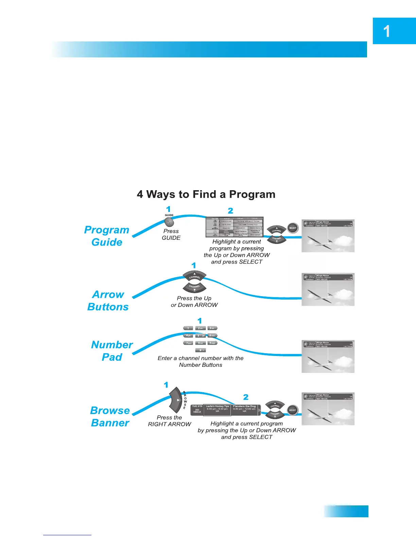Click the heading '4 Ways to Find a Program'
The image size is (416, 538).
tap(206, 194)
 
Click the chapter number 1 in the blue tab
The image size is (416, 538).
tap(386, 32)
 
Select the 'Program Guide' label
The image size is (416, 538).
tap(107, 236)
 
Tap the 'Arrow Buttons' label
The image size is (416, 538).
tap(108, 301)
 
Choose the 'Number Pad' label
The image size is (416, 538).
tap(112, 351)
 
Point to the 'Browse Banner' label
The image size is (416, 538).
tap(110, 416)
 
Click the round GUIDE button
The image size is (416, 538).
tap(169, 222)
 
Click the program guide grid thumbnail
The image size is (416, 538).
tap(235, 227)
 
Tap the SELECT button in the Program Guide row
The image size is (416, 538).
tap(293, 228)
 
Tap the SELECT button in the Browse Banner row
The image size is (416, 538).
tap(292, 410)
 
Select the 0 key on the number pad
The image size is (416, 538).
tap(201, 350)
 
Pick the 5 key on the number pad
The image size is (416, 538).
tap(201, 336)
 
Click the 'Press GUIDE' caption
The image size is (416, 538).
tap(171, 234)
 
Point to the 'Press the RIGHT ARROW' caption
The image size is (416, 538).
tap(169, 421)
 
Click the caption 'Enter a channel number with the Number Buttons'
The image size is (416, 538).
tap(201, 361)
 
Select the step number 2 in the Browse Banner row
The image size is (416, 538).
tap(246, 397)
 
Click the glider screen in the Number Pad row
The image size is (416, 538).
tap(328, 356)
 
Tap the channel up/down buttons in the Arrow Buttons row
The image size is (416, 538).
tap(194, 282)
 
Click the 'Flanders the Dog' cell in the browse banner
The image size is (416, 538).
tap(244, 409)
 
